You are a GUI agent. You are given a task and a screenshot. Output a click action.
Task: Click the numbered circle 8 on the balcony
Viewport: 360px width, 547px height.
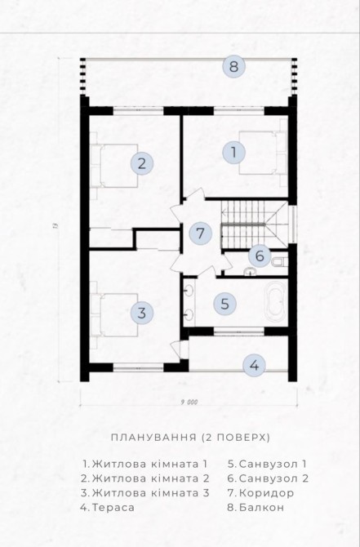click(x=233, y=66)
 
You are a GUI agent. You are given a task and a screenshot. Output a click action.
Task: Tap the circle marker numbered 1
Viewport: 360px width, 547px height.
click(x=233, y=153)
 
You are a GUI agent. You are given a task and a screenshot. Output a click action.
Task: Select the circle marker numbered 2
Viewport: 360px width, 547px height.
click(x=141, y=163)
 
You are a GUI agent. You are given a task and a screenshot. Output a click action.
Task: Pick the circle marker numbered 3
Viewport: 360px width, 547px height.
click(x=141, y=313)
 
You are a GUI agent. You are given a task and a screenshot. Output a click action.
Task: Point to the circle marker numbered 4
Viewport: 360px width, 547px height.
click(x=255, y=366)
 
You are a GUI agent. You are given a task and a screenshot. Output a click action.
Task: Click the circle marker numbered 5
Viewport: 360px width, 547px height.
click(x=225, y=304)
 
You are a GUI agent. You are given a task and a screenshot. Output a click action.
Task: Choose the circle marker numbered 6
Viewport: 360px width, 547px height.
click(x=260, y=256)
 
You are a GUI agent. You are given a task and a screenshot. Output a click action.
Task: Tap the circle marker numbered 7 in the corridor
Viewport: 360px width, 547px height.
click(x=200, y=233)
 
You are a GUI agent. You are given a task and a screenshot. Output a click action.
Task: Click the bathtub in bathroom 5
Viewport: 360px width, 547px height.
click(x=276, y=302)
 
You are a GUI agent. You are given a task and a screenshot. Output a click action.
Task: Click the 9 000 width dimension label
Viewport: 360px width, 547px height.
click(x=189, y=402)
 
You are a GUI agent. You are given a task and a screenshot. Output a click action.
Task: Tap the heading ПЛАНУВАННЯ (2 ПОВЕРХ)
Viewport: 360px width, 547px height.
click(x=190, y=438)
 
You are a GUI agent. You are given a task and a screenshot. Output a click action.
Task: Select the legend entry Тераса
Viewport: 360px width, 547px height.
click(x=108, y=507)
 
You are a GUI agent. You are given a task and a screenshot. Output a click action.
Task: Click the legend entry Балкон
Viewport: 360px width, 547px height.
click(x=256, y=507)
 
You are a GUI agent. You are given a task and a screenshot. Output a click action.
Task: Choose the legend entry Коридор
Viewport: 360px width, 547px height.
click(x=260, y=493)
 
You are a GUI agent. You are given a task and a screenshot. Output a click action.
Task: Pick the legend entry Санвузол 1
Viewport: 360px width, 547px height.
click(x=267, y=464)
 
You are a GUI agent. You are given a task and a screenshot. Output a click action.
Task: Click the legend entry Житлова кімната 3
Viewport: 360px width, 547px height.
click(x=144, y=493)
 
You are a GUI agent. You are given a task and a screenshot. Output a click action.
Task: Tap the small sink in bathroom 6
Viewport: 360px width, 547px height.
click(x=250, y=271)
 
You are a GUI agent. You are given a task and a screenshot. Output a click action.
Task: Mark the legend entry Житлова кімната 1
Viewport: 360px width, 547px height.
click(x=145, y=464)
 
